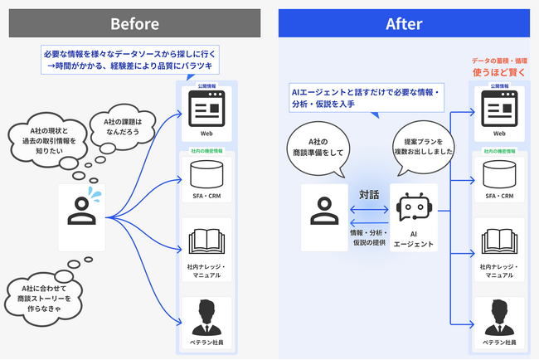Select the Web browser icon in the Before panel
206,108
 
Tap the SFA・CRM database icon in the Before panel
206,173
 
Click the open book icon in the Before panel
206,240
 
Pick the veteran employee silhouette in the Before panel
206,315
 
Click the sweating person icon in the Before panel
82,210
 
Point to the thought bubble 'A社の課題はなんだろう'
122,129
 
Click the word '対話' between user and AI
369,195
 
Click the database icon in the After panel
498,173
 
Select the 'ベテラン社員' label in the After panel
498,342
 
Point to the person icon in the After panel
323,208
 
